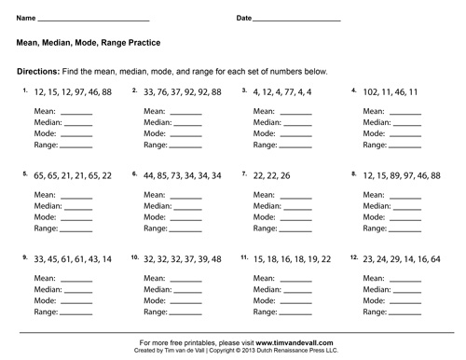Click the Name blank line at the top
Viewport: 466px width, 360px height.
coord(93,21)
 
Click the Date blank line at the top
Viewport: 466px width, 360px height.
coord(299,21)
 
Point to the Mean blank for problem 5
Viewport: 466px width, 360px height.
coord(77,195)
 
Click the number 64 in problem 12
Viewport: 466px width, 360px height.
coord(436,258)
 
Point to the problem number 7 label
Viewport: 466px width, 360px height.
coord(244,174)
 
